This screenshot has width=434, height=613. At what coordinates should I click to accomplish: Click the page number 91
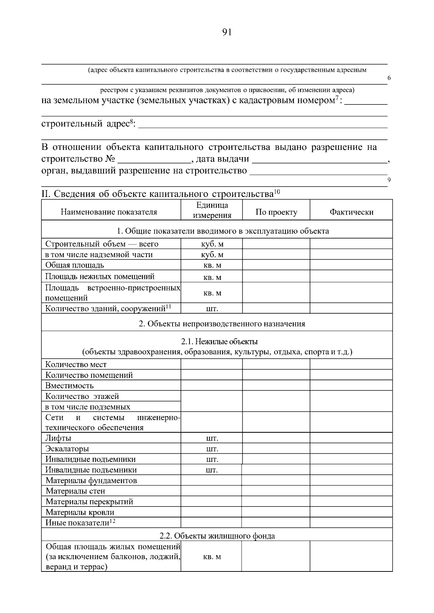click(226, 33)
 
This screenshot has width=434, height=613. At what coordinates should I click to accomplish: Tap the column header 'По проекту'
click(276, 212)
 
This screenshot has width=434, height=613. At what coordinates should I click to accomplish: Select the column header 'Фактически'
click(351, 212)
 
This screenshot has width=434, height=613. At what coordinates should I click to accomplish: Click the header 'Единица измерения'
click(212, 210)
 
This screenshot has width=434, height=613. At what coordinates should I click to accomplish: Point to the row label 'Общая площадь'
click(75, 265)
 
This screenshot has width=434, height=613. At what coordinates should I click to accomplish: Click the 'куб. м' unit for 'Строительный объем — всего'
click(212, 244)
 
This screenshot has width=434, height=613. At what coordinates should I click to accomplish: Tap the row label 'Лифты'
click(58, 438)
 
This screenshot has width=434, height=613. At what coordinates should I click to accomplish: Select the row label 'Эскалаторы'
click(67, 449)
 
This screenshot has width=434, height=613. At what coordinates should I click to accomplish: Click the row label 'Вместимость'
click(69, 385)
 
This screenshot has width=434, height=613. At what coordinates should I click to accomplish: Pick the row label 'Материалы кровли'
click(80, 512)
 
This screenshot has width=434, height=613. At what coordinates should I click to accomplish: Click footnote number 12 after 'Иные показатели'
click(112, 521)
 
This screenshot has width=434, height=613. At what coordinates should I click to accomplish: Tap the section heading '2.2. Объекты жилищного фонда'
click(217, 536)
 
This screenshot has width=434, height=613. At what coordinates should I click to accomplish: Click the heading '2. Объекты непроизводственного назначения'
click(222, 324)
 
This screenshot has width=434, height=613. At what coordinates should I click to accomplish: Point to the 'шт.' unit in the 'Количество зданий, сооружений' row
click(212, 309)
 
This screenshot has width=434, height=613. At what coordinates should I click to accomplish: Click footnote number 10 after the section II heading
click(277, 191)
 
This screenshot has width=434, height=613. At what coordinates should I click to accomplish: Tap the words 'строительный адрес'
click(85, 124)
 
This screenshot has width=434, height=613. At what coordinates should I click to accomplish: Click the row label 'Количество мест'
click(76, 364)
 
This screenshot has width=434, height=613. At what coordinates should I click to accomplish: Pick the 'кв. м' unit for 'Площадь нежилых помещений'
click(212, 277)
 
